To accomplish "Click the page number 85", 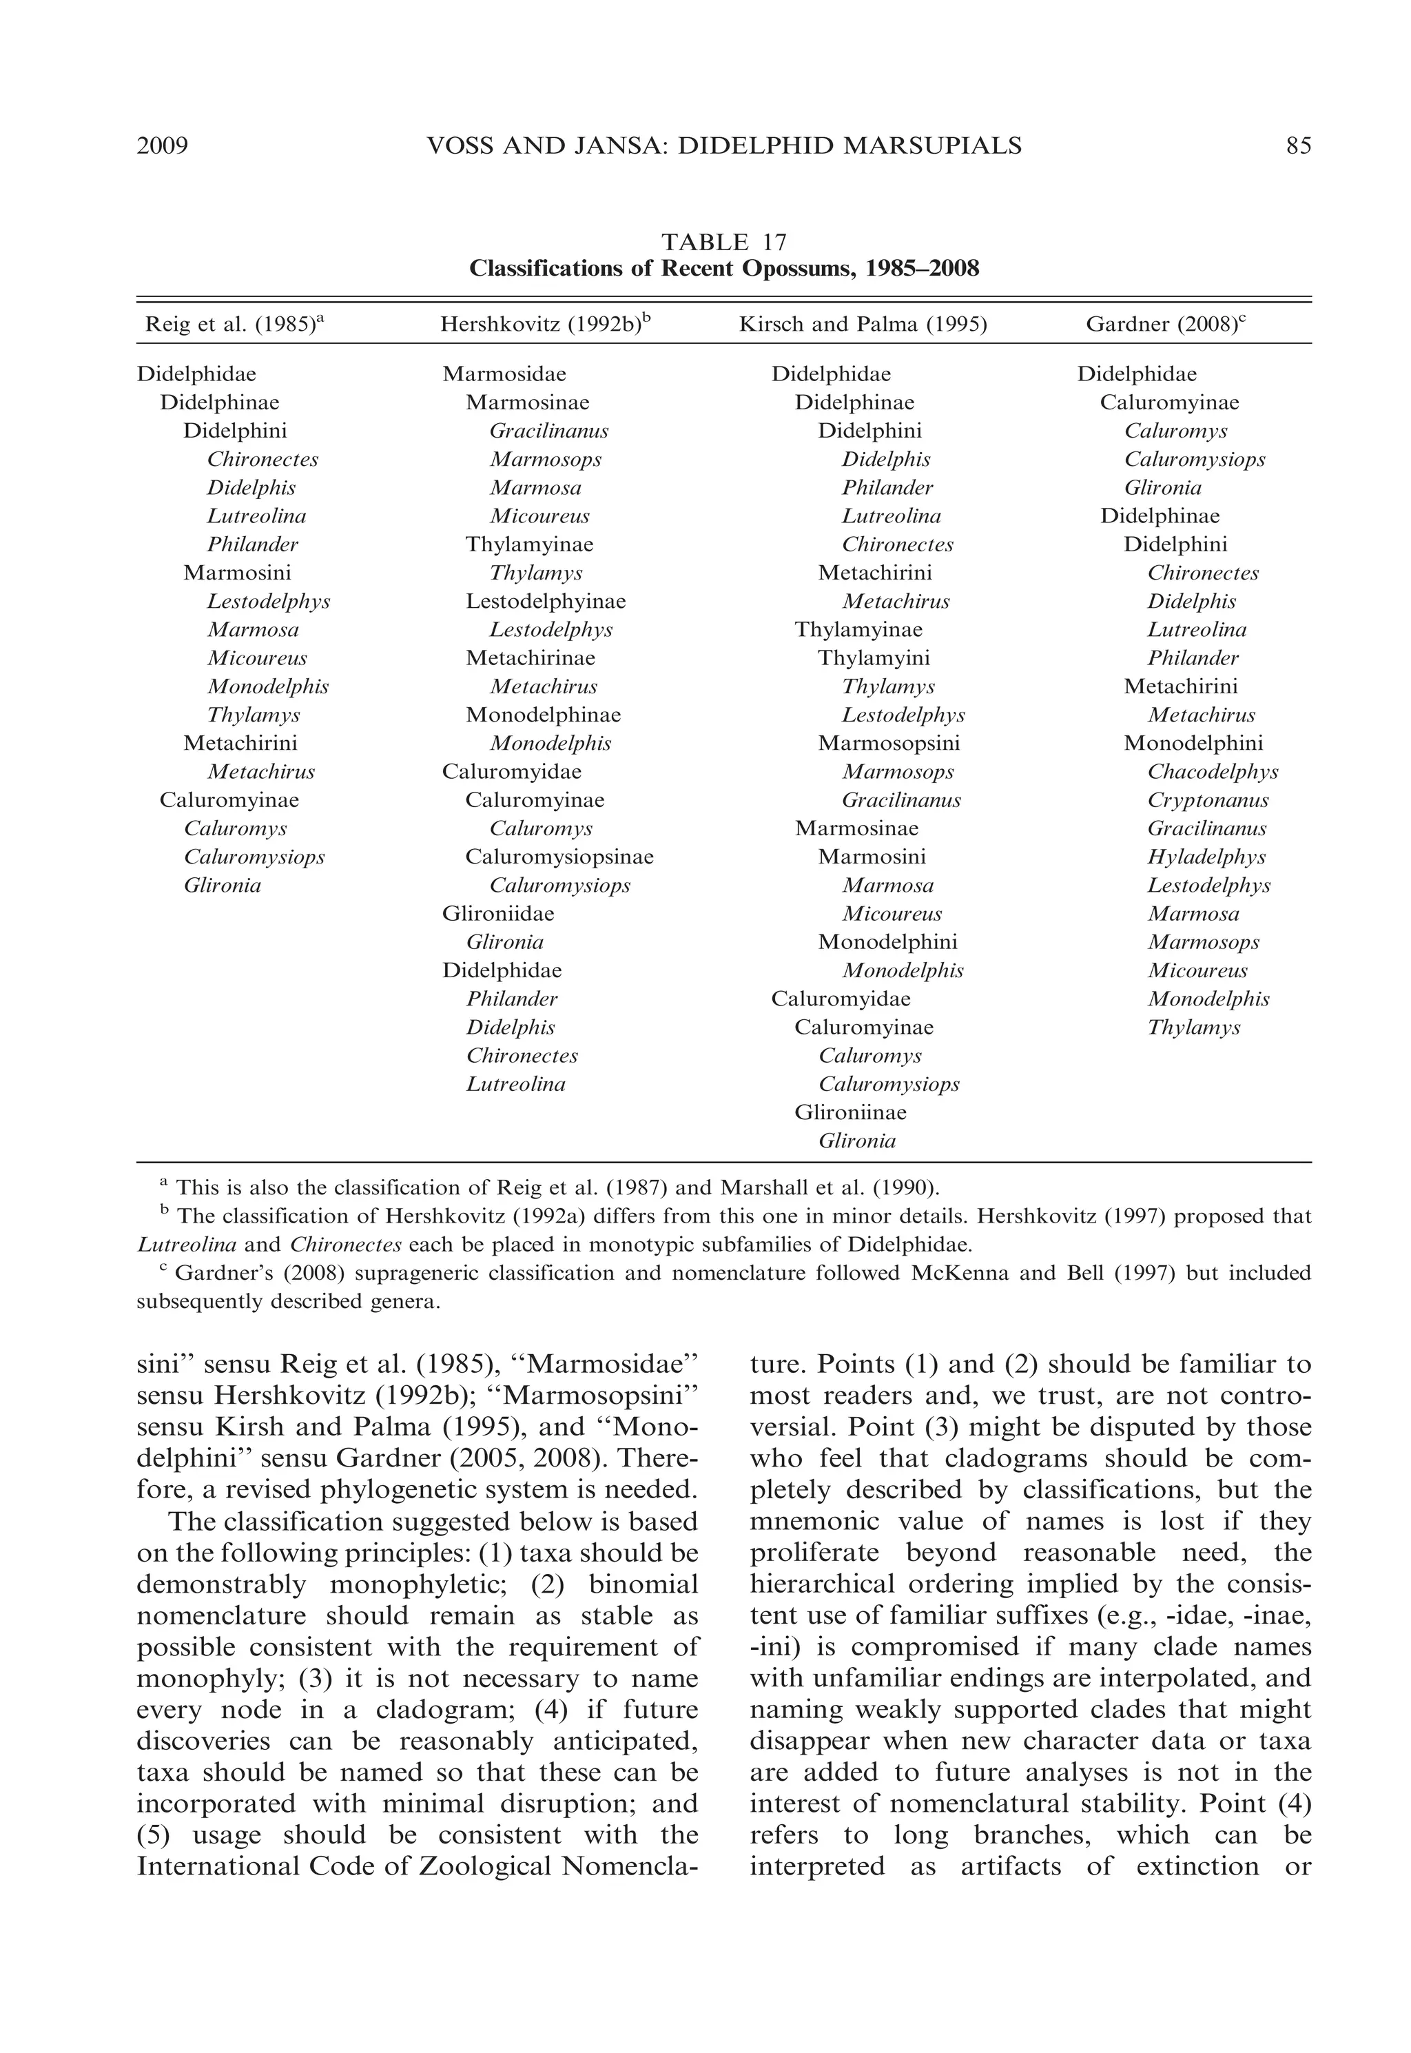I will (1298, 146).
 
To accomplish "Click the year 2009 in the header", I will (163, 146).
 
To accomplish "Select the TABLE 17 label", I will (723, 241).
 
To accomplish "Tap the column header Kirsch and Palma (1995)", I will (862, 325).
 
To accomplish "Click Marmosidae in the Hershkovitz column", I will (504, 374).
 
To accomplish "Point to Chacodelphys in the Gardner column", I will (1212, 772).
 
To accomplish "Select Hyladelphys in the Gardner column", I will (1206, 857).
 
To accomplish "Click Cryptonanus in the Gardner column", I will (1208, 800).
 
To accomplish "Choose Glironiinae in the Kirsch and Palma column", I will (849, 1112).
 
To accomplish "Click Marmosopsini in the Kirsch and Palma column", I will (889, 744).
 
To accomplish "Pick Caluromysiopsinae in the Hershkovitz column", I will (559, 857).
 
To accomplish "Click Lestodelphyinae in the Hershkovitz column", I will (546, 601).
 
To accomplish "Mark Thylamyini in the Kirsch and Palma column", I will (874, 658).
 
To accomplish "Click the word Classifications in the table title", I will (546, 268).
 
